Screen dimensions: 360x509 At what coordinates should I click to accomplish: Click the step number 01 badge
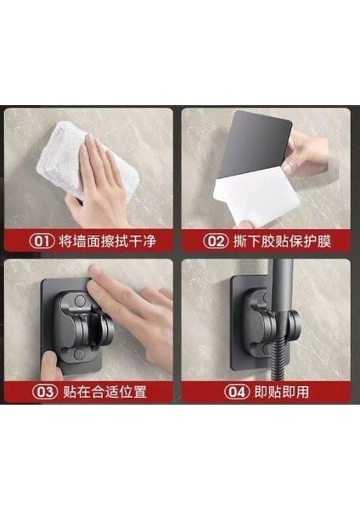42,241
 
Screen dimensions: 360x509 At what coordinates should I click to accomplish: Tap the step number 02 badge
216,241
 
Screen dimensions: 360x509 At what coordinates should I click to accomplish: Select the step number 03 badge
45,392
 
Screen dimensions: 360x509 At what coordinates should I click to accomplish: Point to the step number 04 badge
237,392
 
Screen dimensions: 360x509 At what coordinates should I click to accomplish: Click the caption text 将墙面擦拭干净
108,241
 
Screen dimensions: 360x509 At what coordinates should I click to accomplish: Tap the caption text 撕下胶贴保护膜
282,241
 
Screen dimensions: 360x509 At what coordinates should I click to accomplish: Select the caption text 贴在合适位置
104,392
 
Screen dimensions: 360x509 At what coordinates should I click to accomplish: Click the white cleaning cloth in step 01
78,159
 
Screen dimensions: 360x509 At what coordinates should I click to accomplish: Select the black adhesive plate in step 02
254,143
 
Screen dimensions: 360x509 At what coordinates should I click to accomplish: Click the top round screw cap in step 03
80,301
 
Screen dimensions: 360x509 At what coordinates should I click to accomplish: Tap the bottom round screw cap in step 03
79,354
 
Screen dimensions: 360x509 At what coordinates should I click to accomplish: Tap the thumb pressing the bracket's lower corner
50,365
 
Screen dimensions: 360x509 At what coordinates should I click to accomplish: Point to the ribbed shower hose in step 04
278,351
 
